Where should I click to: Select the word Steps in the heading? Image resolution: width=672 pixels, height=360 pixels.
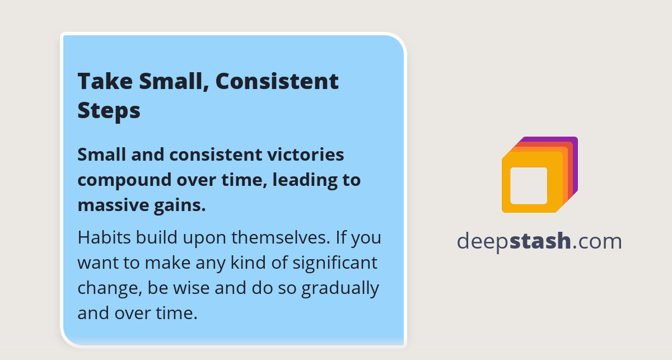(x=109, y=110)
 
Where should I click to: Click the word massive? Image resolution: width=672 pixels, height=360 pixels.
(x=109, y=205)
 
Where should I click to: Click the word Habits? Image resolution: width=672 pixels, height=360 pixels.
(x=105, y=237)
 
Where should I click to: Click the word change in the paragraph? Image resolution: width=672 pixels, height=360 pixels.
(x=110, y=288)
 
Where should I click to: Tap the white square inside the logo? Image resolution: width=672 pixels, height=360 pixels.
(x=529, y=185)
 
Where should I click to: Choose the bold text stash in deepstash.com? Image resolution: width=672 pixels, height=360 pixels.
(x=541, y=241)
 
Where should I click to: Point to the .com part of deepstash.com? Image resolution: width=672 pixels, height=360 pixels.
(x=598, y=241)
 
